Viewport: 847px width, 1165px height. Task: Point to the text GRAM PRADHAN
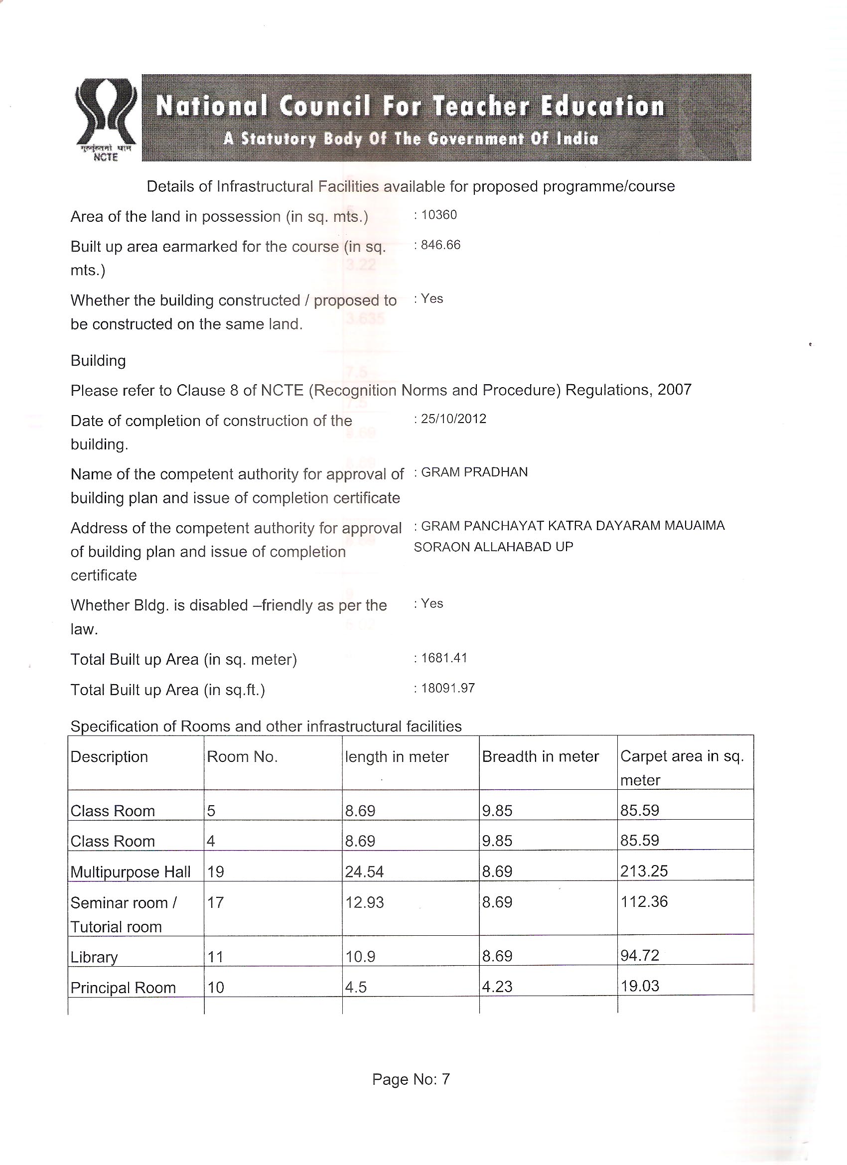click(x=474, y=472)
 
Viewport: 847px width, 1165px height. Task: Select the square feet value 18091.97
click(x=447, y=688)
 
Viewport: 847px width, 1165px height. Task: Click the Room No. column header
click(x=242, y=756)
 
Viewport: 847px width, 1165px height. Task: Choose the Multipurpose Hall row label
click(x=131, y=872)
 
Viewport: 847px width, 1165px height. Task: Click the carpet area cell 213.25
click(x=644, y=871)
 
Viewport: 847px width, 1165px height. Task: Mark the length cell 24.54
click(x=364, y=872)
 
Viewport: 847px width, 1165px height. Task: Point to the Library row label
click(x=94, y=957)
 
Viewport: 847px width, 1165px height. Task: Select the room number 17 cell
click(x=215, y=902)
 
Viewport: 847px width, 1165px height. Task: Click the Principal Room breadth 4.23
click(x=497, y=986)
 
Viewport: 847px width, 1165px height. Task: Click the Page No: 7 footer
click(x=411, y=1079)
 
